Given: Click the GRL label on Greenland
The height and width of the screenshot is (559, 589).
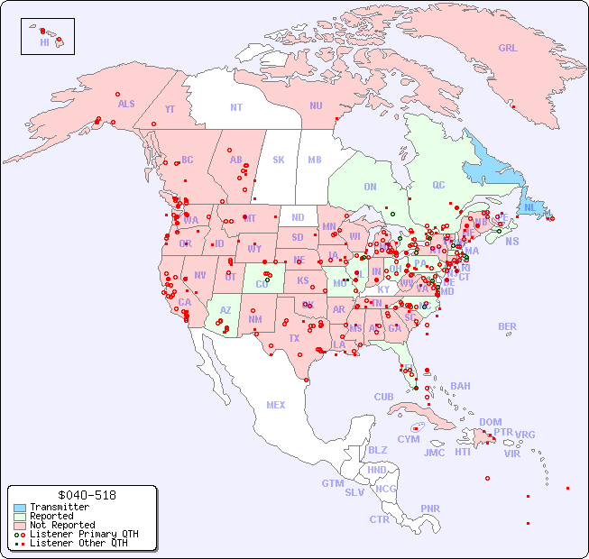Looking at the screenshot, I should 508,49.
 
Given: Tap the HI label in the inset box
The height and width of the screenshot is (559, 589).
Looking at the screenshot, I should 44,42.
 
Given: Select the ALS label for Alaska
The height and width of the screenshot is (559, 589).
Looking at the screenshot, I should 126,104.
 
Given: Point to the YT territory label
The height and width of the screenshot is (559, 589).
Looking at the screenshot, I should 170,109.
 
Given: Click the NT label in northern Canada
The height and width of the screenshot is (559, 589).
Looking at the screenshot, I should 236,107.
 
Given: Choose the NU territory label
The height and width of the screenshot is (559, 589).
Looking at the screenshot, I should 316,105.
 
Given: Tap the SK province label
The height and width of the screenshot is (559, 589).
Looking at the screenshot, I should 279,160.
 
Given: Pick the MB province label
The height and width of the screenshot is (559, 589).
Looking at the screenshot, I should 314,160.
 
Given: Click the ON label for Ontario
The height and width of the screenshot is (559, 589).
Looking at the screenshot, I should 370,187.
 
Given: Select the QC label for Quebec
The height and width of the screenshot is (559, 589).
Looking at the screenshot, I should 438,185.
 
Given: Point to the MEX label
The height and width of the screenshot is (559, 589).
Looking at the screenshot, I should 276,405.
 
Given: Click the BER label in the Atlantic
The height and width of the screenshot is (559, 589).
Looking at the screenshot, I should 508,326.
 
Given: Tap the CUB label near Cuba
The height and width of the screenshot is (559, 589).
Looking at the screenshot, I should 383,397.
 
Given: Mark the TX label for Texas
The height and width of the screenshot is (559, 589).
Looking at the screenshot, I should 294,338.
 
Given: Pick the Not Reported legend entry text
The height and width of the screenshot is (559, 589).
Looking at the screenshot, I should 61,525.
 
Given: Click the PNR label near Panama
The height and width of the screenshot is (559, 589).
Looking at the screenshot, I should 430,509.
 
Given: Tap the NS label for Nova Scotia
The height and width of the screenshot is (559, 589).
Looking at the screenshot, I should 512,241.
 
